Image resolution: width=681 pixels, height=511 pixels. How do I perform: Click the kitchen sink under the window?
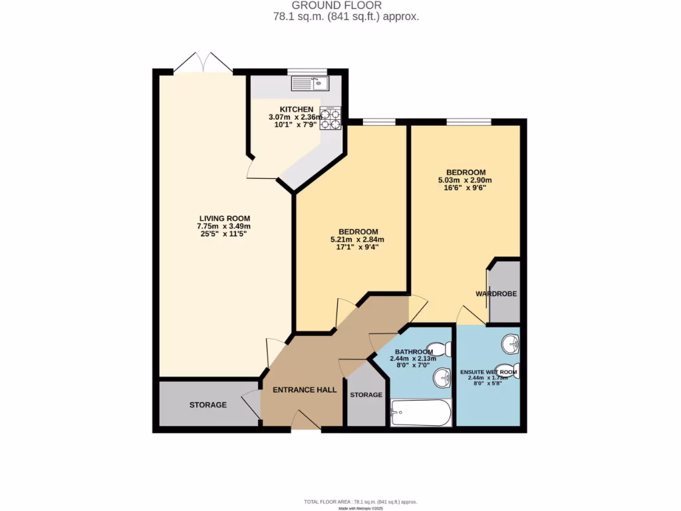coord(309,83)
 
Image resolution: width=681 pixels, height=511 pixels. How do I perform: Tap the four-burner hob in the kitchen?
coord(331,118)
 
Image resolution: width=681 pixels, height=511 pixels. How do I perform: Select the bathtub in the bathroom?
coord(420,413)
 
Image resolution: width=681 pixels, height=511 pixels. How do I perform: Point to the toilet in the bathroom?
coord(442,349)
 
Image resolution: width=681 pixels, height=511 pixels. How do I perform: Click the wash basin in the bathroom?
coord(442,379)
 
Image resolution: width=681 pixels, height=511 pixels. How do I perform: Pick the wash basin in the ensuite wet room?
coord(510,344)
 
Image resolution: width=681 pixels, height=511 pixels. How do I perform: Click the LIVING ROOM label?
coord(224,218)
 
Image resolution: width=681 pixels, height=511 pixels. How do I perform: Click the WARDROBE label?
coord(496,293)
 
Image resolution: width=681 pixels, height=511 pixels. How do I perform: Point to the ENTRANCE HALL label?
coord(305,390)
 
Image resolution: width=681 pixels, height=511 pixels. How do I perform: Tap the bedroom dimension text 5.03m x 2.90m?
coord(464,180)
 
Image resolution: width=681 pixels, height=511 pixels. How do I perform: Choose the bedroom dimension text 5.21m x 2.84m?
coord(358,240)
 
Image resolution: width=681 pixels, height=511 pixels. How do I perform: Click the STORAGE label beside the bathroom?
coord(366,395)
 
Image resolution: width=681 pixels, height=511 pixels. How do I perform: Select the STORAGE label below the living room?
coord(207,405)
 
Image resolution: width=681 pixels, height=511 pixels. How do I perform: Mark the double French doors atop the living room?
coord(203,63)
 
